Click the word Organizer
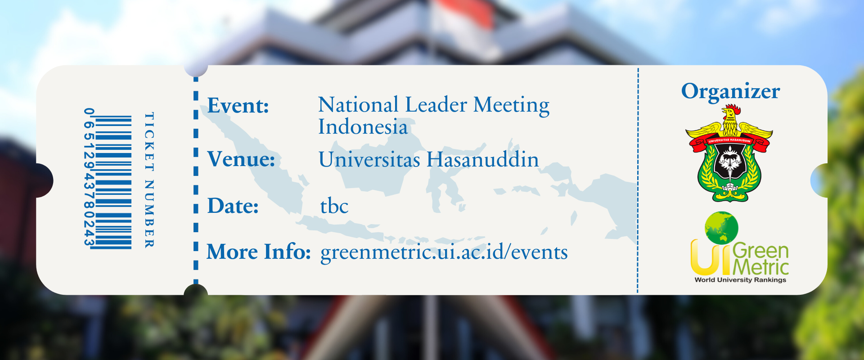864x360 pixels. point(730,92)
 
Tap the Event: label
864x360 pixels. point(238,106)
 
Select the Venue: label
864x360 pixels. point(241,159)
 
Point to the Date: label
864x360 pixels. point(233,206)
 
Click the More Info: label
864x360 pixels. point(259,252)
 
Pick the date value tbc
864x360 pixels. point(334,206)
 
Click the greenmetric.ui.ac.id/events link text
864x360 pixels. point(444,252)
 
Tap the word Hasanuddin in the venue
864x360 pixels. point(482,159)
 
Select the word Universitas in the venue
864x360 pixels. point(369,159)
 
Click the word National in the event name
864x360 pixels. point(358,104)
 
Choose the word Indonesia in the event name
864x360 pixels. point(363,126)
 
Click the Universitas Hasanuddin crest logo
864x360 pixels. point(729,153)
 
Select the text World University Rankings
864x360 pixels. point(740,280)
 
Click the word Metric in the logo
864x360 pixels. point(761,267)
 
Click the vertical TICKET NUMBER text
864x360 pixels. point(149,180)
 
